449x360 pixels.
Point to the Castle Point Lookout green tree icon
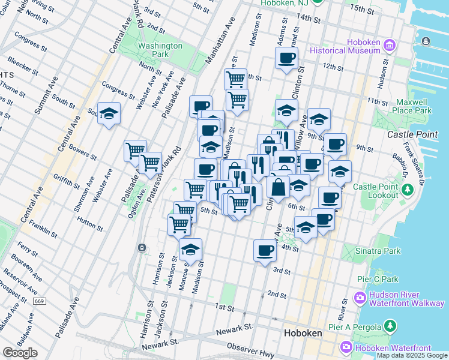click(409, 191)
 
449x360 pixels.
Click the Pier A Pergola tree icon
click(390, 326)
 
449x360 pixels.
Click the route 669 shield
click(40, 301)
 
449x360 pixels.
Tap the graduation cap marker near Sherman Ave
click(109, 113)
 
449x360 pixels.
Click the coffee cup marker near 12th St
click(286, 58)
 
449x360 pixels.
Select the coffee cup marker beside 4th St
click(265, 250)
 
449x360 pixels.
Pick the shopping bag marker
click(279, 187)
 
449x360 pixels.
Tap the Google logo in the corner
click(20, 353)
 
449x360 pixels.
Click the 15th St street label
click(363, 10)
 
